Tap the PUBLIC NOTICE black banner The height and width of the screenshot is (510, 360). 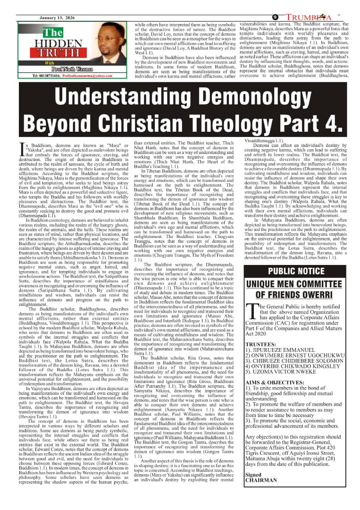coord(296,271)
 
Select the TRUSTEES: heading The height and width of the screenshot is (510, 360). coord(260,345)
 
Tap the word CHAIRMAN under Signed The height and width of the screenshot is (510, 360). coord(261,480)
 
